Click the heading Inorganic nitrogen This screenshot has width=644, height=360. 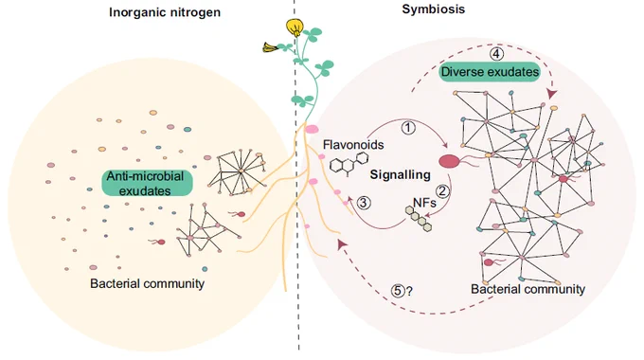click(x=165, y=12)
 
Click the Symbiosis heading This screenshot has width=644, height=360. click(x=434, y=9)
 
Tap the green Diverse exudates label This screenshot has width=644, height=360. click(x=490, y=72)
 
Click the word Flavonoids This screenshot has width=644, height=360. click(x=353, y=145)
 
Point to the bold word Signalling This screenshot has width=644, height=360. click(x=400, y=174)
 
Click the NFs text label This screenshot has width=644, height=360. click(x=424, y=202)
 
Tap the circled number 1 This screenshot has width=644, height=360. click(x=408, y=128)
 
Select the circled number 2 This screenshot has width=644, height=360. click(x=443, y=191)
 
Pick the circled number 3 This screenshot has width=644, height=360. click(x=364, y=203)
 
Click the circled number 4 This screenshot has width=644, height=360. click(x=496, y=54)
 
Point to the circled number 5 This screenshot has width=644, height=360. click(x=398, y=291)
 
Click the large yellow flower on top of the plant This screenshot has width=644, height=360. click(x=295, y=27)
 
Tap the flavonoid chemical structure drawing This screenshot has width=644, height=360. click(x=349, y=165)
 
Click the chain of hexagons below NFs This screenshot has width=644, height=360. click(x=419, y=218)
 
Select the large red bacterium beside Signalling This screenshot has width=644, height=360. click(x=450, y=161)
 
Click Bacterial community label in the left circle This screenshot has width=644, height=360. click(x=147, y=283)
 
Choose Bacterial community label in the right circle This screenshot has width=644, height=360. click(x=528, y=289)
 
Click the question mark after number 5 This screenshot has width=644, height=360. click(x=409, y=292)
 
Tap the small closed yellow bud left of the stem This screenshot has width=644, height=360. click(x=270, y=47)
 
